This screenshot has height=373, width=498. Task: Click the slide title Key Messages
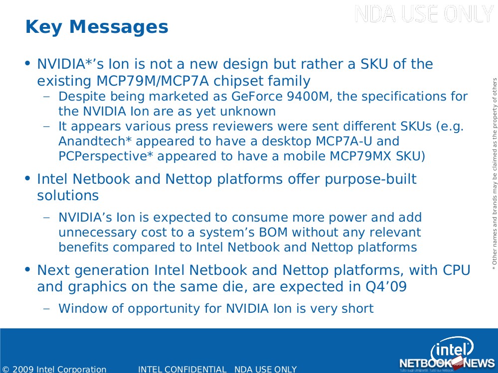(x=97, y=27)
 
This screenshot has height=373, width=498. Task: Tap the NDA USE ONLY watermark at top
(x=424, y=14)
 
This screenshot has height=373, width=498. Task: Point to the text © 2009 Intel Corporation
(x=54, y=369)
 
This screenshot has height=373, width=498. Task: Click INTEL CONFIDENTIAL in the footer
(x=182, y=369)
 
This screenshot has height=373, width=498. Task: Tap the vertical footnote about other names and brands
(x=494, y=174)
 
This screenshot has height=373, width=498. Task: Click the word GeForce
(x=257, y=96)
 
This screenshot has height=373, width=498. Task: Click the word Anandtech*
(x=95, y=141)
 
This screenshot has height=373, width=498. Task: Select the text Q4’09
(x=386, y=287)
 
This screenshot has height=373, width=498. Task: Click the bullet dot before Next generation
(x=27, y=270)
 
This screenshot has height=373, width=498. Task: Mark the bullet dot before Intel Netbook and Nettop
(x=27, y=179)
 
